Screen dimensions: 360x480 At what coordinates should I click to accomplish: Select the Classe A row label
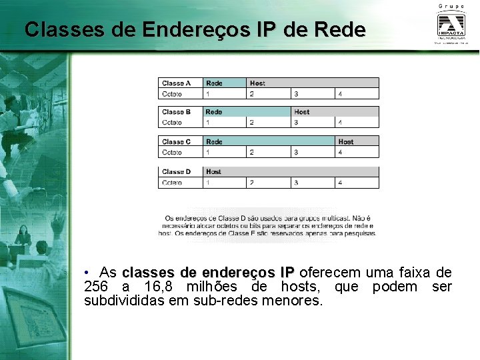tap(177, 83)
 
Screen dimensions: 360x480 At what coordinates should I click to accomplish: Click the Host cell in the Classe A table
tap(257, 83)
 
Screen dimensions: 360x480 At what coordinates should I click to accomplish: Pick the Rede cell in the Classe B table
tap(214, 112)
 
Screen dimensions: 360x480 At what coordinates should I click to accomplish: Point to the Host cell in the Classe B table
tap(302, 112)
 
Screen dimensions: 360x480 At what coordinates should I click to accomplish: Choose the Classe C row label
tap(177, 141)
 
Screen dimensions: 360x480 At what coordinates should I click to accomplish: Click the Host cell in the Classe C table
tap(346, 141)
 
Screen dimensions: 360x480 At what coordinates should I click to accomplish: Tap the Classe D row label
tap(177, 171)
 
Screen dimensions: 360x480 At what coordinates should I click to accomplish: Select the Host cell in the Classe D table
tap(214, 171)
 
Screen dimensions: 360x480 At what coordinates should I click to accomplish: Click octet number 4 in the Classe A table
tap(341, 94)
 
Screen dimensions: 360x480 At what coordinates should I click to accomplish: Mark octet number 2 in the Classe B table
tap(251, 123)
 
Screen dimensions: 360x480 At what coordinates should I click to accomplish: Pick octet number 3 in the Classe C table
tap(296, 152)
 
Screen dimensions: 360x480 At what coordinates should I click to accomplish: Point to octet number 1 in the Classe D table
tap(208, 182)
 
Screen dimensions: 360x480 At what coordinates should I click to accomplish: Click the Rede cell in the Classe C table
tap(215, 141)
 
